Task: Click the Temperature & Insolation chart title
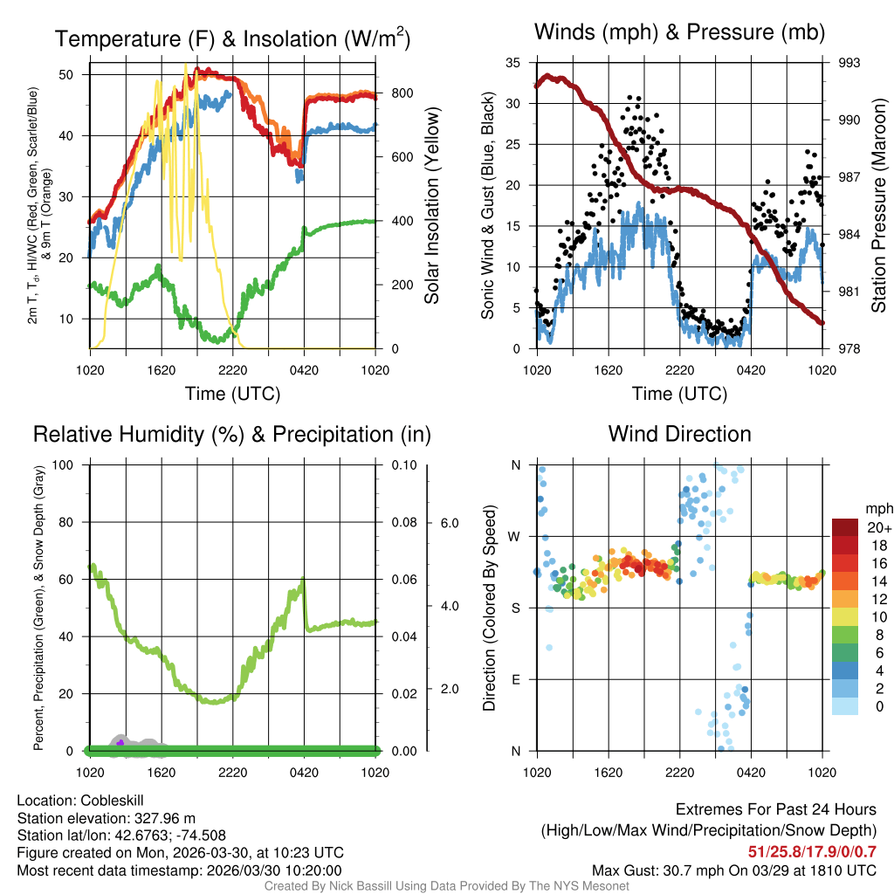232,39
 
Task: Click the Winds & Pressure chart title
679,32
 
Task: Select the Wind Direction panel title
679,434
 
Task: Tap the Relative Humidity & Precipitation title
232,434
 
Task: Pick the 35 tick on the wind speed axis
512,63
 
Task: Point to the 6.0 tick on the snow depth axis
449,523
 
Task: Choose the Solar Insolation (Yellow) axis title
431,205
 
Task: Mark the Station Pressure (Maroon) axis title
879,205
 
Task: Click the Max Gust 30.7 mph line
733,870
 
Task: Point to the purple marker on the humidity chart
120,743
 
